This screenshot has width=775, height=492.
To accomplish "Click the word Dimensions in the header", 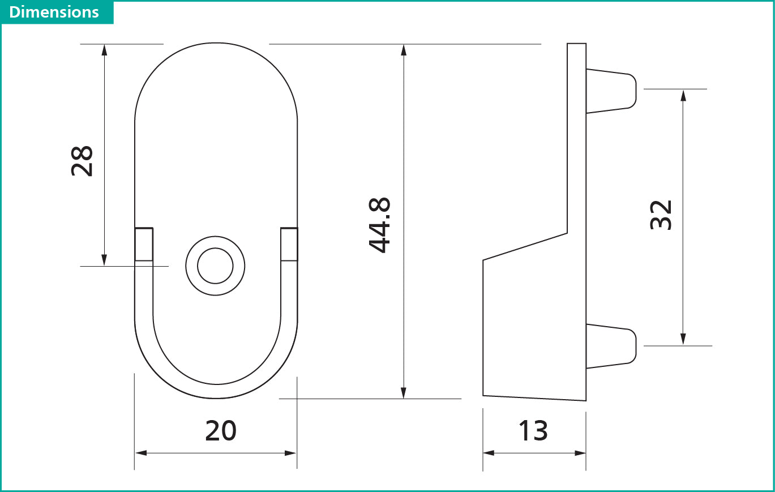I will (x=54, y=12).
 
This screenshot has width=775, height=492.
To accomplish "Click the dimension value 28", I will (x=82, y=161).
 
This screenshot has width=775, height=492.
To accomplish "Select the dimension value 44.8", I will (x=379, y=225).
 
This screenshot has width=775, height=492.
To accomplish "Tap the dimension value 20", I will (x=220, y=431).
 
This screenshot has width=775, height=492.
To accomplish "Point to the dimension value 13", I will (x=533, y=431).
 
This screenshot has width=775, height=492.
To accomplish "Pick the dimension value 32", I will (x=661, y=215).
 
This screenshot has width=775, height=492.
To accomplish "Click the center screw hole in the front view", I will (x=215, y=266).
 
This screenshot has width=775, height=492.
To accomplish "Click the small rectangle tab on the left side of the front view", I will (x=144, y=245).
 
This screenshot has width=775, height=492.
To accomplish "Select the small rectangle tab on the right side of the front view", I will (x=289, y=245).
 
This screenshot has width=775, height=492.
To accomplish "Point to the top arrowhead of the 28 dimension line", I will (x=104, y=49).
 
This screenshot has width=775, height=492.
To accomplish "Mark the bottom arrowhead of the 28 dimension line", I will (x=104, y=260).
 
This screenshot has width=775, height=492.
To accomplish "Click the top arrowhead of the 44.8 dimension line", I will (x=404, y=49).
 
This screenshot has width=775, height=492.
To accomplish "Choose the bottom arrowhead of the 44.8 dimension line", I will (x=404, y=393).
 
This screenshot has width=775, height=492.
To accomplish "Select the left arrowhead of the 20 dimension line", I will (x=141, y=453).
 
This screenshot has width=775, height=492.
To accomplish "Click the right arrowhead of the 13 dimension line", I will (x=580, y=453).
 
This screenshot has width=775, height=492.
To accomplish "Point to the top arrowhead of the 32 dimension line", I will (x=683, y=95).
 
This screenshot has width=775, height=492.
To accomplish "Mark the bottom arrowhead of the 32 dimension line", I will (x=683, y=339).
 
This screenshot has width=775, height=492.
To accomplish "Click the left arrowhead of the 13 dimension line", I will (x=489, y=453).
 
